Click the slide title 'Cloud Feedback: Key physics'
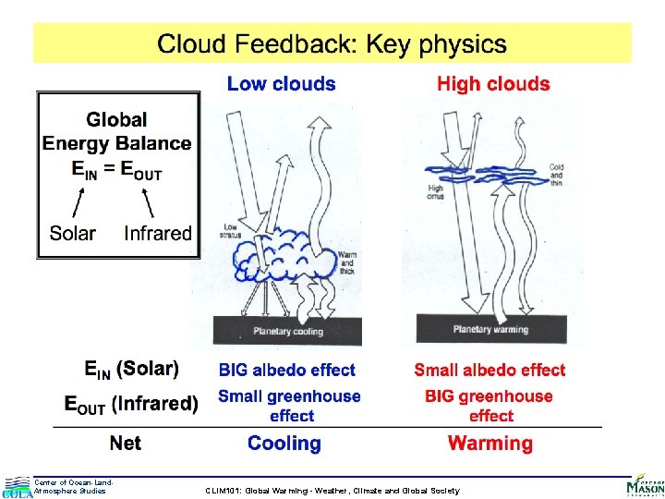point(332,43)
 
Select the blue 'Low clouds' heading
point(281,84)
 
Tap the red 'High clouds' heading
point(493,84)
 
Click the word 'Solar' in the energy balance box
point(73,233)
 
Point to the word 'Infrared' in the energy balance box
point(157,233)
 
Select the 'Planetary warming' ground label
point(490,330)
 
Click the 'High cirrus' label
point(435,192)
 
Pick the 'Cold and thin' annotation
point(556,176)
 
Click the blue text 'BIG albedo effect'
point(286,371)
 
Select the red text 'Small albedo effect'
point(490,371)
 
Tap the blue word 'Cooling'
point(284,444)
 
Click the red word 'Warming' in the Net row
point(490,444)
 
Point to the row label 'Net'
point(126,444)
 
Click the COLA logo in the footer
point(17,487)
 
